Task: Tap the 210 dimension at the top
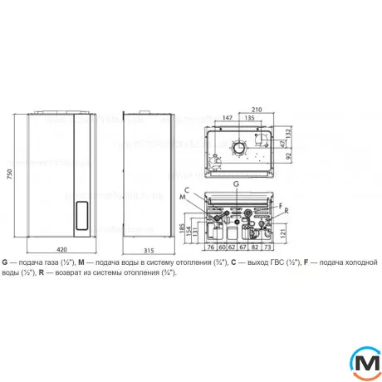(x=257, y=108)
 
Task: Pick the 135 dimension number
(x=249, y=118)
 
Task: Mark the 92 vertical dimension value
(x=288, y=155)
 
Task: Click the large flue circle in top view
(x=238, y=149)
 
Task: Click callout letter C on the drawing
(x=188, y=190)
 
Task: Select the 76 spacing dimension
(x=210, y=247)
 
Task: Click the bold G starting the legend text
(x=5, y=262)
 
